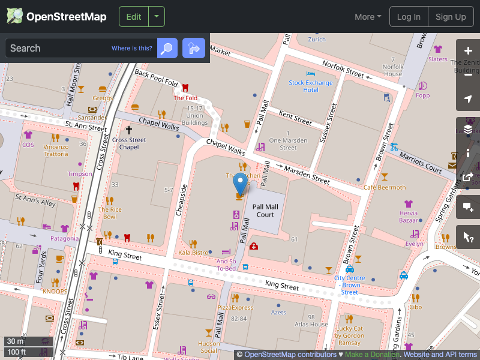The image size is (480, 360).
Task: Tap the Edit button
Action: pos(133,17)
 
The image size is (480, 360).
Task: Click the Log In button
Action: pos(409,17)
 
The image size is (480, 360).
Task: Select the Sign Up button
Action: pos(451,17)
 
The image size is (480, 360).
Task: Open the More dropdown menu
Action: pos(368,17)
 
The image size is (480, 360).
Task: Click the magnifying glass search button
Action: pos(167,48)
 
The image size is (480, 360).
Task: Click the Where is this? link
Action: pos(132,49)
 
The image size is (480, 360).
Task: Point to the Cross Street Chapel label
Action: pos(129,143)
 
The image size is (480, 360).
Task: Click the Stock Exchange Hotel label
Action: pos(310,86)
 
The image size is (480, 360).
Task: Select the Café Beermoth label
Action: pos(385,187)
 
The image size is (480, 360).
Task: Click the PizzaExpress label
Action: pos(235,307)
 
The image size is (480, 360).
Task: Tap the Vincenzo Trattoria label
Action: pos(56,150)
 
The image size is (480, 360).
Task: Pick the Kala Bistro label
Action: pos(193,253)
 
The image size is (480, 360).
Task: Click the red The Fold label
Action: pos(185,98)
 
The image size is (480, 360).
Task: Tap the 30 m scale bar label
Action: pos(16,341)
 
